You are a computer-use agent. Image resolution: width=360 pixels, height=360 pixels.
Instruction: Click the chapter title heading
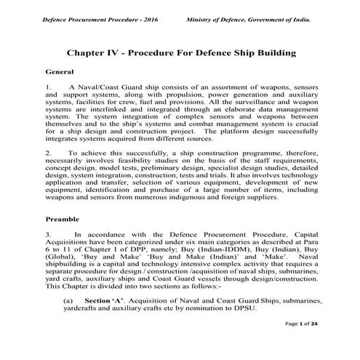[180, 53]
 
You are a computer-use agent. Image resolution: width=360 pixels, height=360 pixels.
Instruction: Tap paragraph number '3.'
[49, 235]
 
